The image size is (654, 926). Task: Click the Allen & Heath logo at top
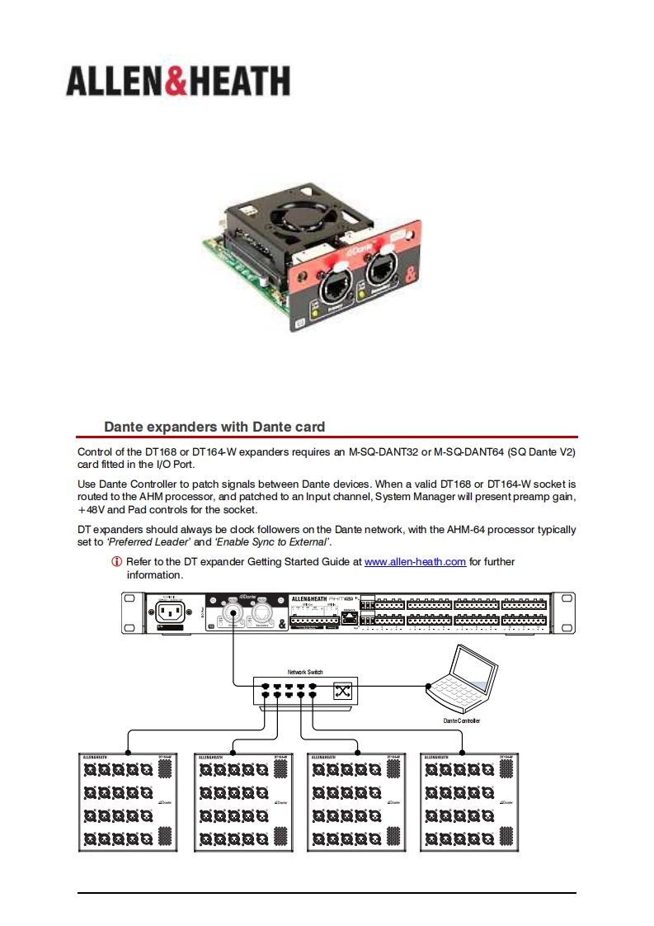tap(177, 82)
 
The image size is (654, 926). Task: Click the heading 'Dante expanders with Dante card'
tap(214, 427)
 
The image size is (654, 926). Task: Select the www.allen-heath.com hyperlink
tap(415, 562)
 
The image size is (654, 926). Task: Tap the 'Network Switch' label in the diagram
tap(305, 673)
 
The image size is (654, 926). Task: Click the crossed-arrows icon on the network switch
tap(342, 692)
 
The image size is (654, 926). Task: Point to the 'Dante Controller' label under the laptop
tap(461, 720)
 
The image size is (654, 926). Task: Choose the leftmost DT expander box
tap(129, 802)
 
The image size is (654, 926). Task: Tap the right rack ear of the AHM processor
tap(563, 612)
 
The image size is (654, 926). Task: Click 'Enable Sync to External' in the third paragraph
tap(274, 542)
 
